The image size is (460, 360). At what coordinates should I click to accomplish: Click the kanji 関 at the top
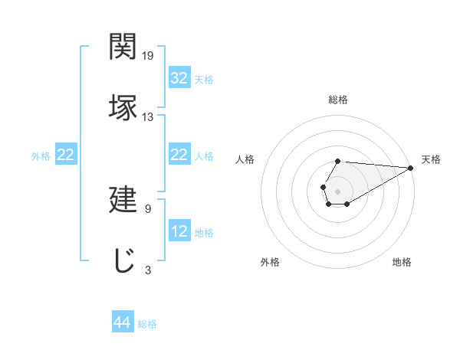[x=123, y=47]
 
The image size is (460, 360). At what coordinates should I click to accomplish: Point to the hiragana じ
[x=123, y=260]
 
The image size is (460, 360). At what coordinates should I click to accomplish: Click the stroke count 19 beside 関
[x=148, y=56]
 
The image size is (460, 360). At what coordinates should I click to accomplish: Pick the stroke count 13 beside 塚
[x=148, y=116]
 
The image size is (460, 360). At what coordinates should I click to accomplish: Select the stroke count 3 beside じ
[x=148, y=270]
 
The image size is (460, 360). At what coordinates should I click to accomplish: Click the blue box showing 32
[x=179, y=78]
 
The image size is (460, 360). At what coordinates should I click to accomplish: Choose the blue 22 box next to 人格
[x=179, y=155]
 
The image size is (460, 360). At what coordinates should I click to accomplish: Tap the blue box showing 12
[x=179, y=231]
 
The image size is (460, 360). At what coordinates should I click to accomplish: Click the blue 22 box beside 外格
[x=66, y=155]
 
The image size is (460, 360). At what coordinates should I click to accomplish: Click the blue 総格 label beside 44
[x=147, y=324]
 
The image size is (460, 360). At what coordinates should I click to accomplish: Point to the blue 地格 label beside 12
[x=204, y=232]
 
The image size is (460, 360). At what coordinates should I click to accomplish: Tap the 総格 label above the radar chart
[x=338, y=100]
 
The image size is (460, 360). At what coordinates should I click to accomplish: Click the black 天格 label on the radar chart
[x=432, y=159]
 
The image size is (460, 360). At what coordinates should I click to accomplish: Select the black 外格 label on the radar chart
[x=270, y=262]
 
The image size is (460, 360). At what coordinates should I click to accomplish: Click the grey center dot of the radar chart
[x=337, y=190]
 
